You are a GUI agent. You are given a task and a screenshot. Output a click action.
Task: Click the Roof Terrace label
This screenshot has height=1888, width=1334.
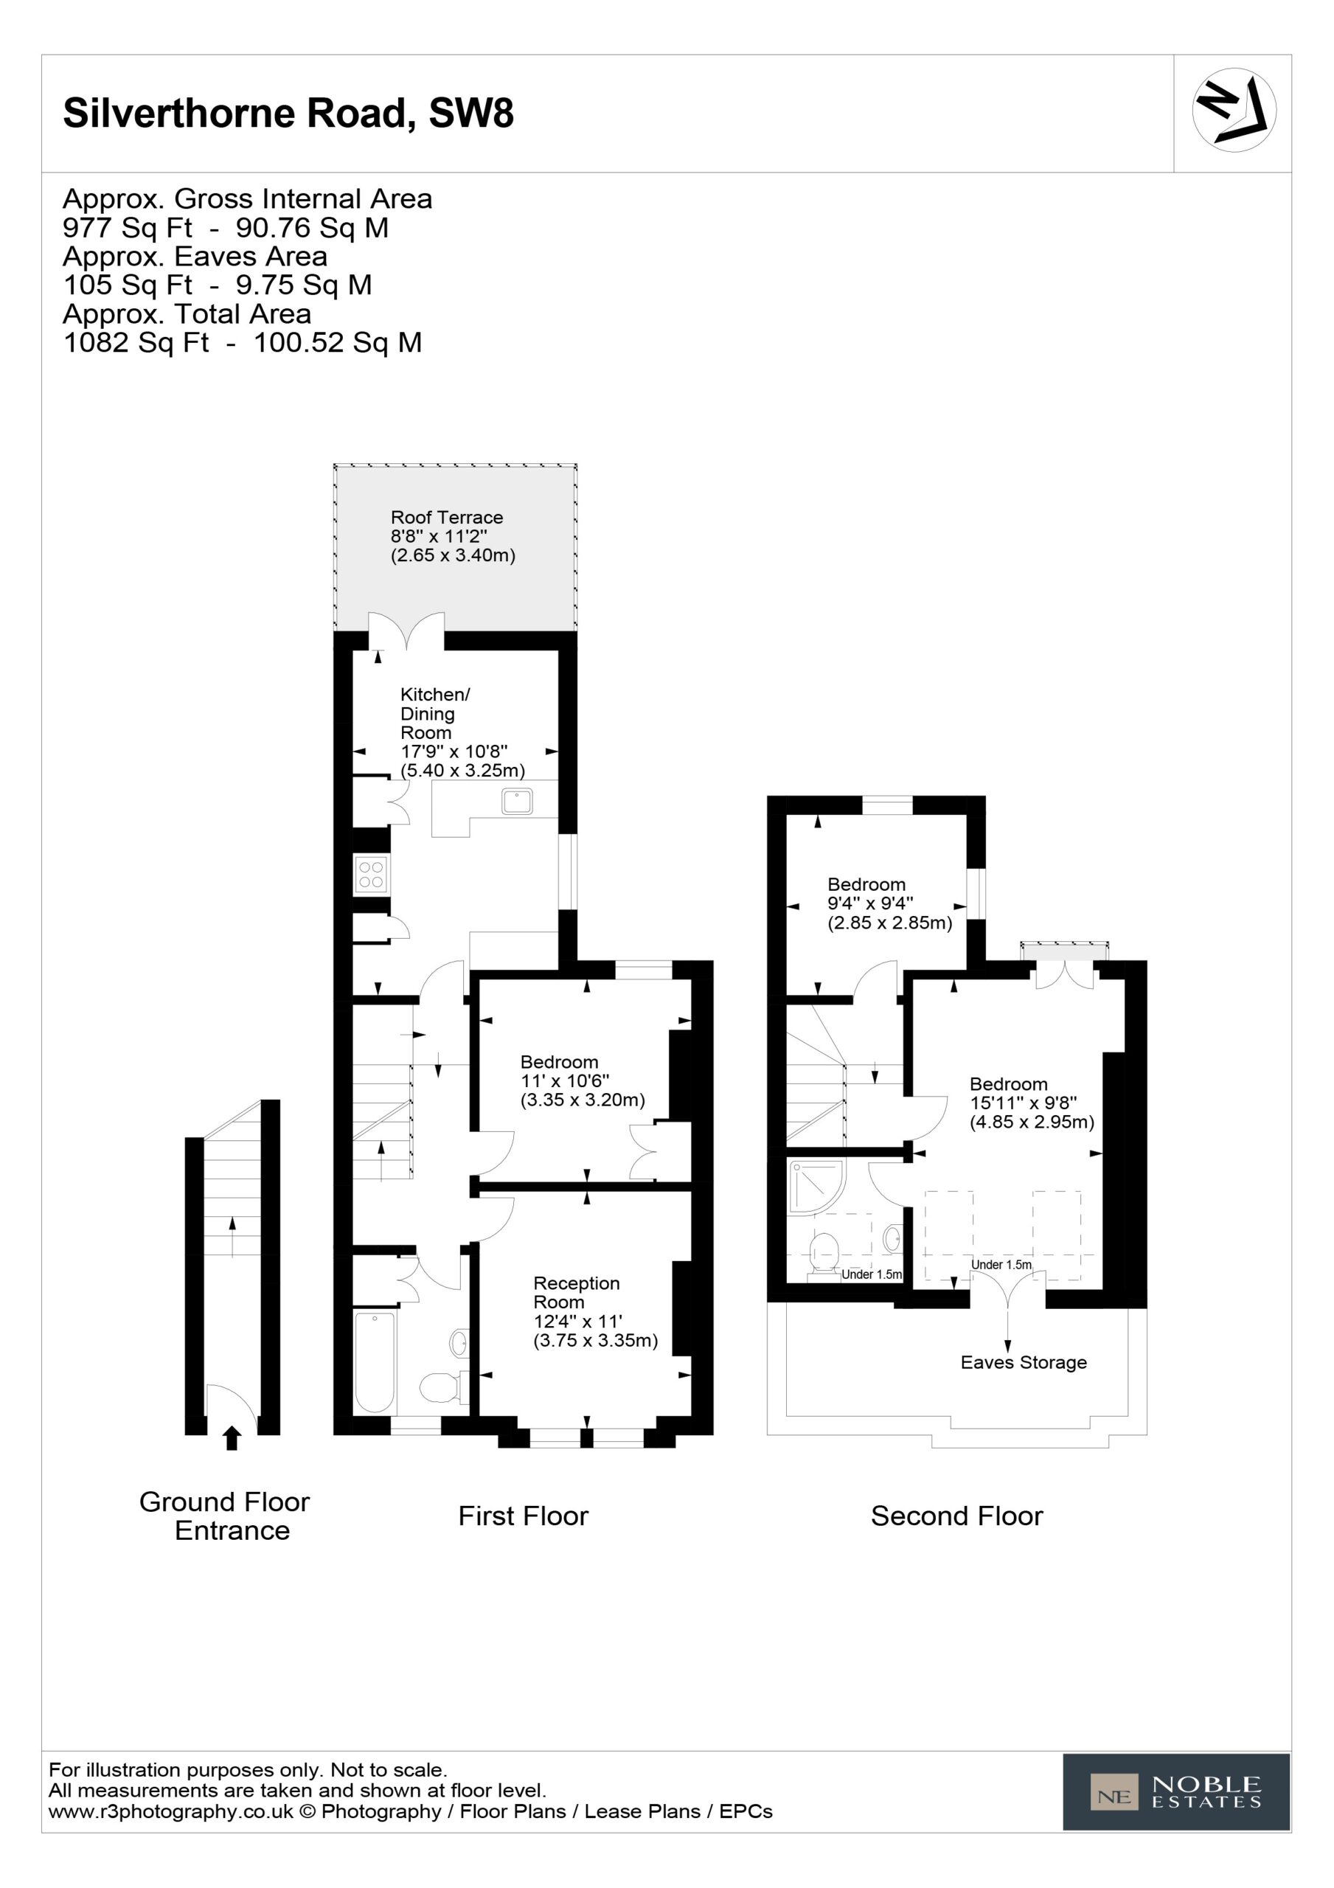pos(447,517)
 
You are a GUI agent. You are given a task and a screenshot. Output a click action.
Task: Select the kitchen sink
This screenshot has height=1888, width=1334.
pos(518,800)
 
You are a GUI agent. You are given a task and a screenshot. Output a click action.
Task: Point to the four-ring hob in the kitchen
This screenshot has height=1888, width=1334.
pos(371,874)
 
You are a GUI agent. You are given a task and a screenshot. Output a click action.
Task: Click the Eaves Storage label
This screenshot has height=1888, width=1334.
pos(1023,1363)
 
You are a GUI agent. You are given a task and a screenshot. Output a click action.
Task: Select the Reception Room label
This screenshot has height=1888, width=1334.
pos(576,1293)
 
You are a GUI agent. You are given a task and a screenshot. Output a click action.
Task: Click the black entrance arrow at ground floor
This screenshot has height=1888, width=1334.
pos(232,1438)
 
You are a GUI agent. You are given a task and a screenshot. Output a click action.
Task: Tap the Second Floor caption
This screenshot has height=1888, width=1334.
pos(956,1516)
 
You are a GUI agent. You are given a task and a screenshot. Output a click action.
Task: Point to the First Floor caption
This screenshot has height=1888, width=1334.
pos(523,1516)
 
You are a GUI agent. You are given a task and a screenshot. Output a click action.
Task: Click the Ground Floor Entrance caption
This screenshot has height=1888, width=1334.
pos(224,1516)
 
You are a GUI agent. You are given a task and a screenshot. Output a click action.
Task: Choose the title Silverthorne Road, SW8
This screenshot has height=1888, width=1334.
pos(288,113)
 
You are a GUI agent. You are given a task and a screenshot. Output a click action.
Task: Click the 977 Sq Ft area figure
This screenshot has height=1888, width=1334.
pos(128,228)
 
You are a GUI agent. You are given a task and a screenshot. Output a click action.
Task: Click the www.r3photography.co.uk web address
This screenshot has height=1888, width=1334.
pos(170,1811)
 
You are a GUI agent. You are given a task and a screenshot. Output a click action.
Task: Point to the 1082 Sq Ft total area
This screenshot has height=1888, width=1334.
pos(136,343)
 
